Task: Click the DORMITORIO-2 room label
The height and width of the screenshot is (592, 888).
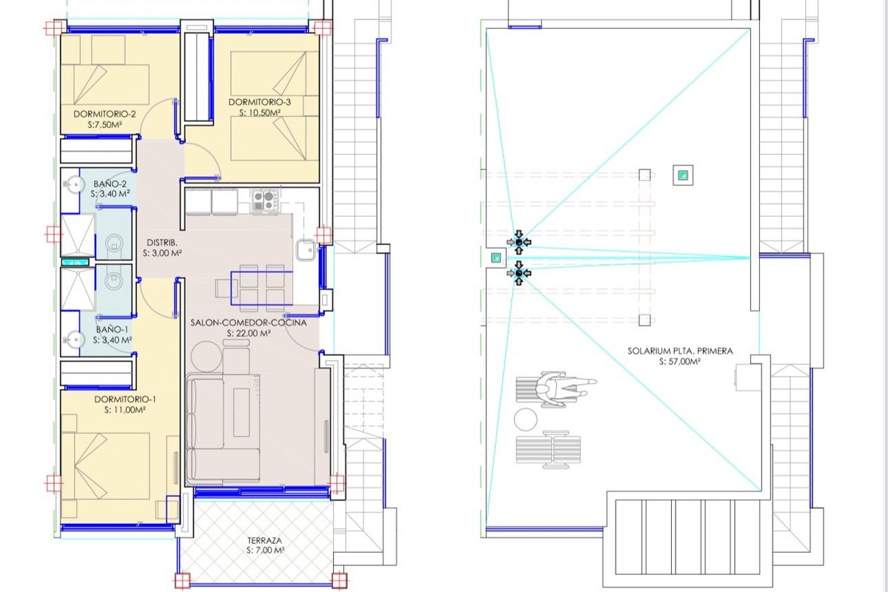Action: click(104, 114)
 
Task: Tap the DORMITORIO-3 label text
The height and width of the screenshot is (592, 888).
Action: click(260, 102)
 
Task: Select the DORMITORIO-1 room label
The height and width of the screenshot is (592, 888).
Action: click(125, 400)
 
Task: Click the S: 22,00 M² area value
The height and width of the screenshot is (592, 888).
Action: click(249, 334)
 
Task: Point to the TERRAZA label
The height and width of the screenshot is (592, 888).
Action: click(265, 540)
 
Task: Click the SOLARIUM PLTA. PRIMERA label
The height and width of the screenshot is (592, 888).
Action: click(680, 351)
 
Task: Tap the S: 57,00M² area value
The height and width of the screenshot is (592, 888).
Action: click(680, 362)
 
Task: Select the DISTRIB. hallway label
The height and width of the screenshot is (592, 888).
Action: click(162, 243)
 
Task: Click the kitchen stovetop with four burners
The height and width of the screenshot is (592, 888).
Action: click(265, 201)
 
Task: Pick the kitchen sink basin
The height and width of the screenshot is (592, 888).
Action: click(305, 250)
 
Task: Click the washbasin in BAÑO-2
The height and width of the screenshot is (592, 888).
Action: click(74, 184)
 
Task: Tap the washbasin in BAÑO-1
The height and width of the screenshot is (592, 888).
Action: click(74, 340)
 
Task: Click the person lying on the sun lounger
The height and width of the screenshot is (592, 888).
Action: click(566, 388)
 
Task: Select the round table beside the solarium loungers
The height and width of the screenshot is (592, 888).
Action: click(525, 420)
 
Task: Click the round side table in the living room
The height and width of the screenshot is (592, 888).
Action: click(206, 356)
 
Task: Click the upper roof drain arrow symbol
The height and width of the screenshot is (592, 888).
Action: click(519, 242)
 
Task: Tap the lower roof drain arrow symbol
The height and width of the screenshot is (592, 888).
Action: click(519, 273)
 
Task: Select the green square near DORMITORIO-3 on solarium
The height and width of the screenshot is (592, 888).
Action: click(682, 175)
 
